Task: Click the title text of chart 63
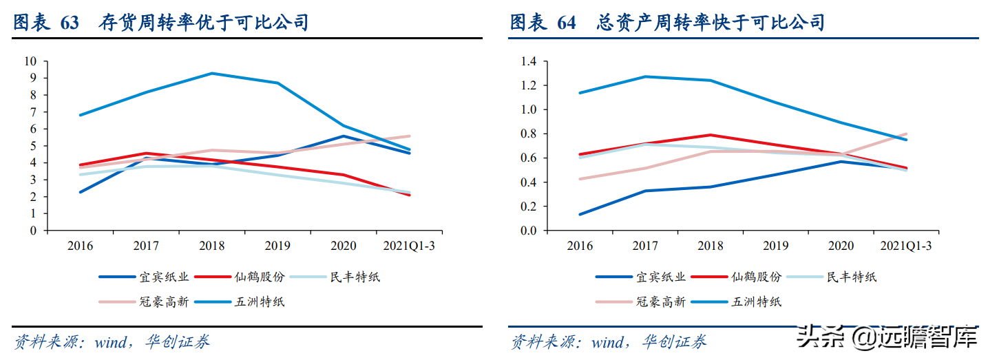(x=160, y=23)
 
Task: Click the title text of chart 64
(x=666, y=23)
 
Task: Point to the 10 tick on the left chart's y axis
(x=31, y=61)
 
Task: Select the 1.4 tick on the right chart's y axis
(x=528, y=61)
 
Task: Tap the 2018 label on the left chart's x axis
(x=212, y=246)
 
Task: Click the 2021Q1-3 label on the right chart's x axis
(x=906, y=246)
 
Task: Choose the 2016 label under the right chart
(x=580, y=246)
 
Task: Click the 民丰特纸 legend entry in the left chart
(x=355, y=277)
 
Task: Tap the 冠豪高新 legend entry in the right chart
(x=661, y=301)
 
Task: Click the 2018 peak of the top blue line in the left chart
(x=212, y=73)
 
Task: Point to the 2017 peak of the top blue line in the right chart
(x=645, y=76)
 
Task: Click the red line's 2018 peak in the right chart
(x=710, y=135)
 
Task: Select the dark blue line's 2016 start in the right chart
(x=580, y=214)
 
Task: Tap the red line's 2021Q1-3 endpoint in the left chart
(x=410, y=195)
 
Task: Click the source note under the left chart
(x=112, y=341)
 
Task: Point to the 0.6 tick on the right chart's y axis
(x=528, y=158)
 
